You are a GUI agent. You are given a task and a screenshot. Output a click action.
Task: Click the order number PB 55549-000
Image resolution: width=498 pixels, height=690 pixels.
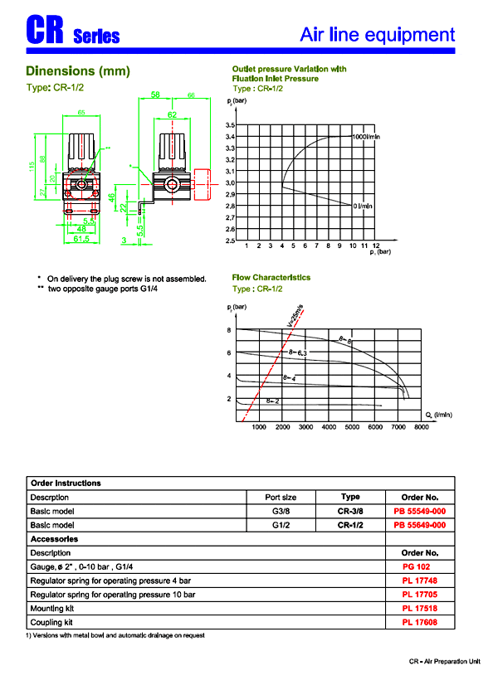point(419,511)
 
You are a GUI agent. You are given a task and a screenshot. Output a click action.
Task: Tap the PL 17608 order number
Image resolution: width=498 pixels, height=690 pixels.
point(419,622)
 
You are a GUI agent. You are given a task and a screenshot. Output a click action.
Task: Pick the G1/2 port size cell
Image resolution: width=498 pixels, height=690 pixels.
point(280,525)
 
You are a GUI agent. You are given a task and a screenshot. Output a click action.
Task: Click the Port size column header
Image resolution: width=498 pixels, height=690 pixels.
point(280,497)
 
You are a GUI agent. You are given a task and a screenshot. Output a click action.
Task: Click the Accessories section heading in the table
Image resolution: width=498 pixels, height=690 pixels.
point(54,539)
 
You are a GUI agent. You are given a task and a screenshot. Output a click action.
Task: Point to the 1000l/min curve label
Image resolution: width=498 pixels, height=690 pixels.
point(366,136)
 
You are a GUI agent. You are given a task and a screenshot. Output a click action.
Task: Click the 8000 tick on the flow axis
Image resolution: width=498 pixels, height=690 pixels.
point(421,427)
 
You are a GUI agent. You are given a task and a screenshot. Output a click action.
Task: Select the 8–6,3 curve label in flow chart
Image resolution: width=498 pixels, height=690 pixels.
point(297,353)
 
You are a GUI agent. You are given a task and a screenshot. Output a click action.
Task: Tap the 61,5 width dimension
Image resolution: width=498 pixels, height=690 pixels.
point(81,238)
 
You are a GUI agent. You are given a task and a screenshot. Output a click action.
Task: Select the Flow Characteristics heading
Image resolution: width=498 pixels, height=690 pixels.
point(271,278)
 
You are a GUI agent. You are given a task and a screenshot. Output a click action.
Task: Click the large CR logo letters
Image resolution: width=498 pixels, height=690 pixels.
point(46,31)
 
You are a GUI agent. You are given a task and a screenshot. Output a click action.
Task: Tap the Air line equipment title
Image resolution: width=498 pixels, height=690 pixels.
point(377,35)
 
